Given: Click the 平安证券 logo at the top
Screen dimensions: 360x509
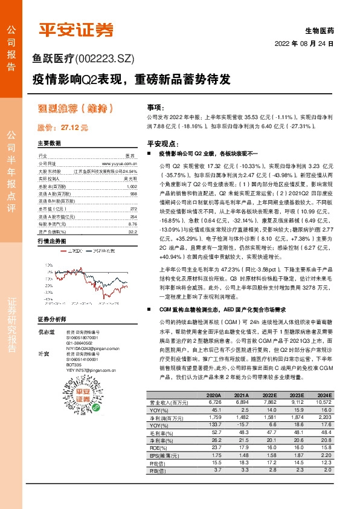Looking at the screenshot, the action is click(76, 30).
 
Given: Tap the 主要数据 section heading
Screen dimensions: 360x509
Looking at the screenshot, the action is click(50, 144).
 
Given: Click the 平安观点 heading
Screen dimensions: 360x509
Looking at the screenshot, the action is click(164, 144).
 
